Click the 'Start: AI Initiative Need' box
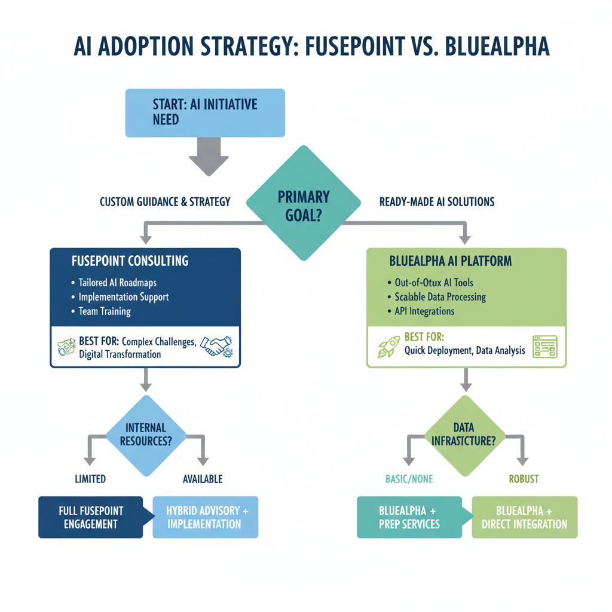tap(204, 112)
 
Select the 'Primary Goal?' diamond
tap(304, 205)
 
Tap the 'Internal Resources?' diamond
tap(146, 436)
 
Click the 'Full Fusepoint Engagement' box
tap(90, 518)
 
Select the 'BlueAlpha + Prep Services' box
tap(409, 518)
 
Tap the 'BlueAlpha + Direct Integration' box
tap(524, 518)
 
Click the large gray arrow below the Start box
tap(209, 156)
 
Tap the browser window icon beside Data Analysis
tap(544, 346)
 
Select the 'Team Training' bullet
tap(104, 311)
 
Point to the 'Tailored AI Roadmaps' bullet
tap(117, 283)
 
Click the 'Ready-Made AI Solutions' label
tap(437, 202)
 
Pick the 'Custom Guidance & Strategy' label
tap(165, 202)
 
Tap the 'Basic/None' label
tap(409, 479)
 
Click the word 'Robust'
tap(524, 479)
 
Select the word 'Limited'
tap(90, 479)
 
